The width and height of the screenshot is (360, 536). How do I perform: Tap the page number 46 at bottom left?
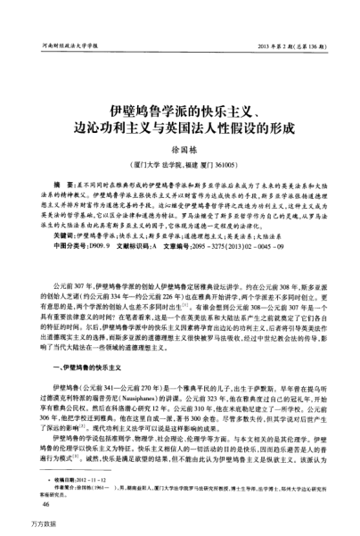click(x=46, y=504)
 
